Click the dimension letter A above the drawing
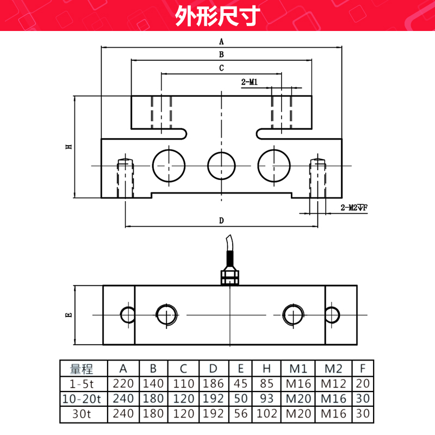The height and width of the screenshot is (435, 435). click(x=221, y=41)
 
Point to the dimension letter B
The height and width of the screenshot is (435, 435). click(x=221, y=54)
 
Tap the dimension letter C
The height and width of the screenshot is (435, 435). click(x=221, y=68)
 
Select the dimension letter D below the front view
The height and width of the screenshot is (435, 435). click(x=221, y=220)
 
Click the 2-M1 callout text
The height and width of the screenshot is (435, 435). click(x=249, y=82)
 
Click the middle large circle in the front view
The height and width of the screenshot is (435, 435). click(x=221, y=165)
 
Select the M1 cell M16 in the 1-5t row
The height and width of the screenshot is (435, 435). click(x=297, y=383)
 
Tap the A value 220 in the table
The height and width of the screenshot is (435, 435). click(x=123, y=383)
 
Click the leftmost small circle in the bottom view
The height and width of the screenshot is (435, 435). click(x=128, y=314)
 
